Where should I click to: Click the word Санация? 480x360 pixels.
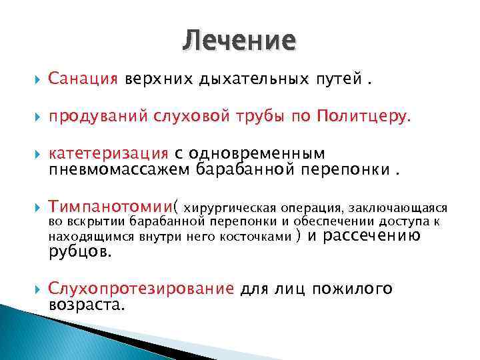point(83,80)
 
